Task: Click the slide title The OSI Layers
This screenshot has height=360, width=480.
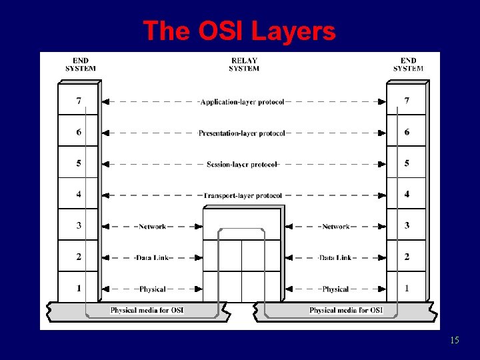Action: (x=239, y=31)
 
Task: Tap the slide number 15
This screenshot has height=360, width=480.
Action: (x=454, y=341)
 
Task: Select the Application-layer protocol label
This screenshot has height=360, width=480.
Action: (x=242, y=102)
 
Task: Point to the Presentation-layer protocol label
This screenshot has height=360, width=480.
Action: (x=241, y=133)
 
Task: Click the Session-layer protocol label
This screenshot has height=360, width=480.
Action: (x=241, y=164)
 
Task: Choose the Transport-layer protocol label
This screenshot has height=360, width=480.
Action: (x=242, y=195)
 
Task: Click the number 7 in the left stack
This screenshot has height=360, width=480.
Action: (x=79, y=101)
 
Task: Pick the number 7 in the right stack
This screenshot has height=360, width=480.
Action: (x=407, y=101)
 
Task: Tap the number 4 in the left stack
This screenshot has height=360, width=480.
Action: (x=79, y=195)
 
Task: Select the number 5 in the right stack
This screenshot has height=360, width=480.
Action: (x=407, y=163)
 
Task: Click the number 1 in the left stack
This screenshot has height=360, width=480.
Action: (x=79, y=288)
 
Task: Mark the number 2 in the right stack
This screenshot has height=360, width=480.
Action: (x=407, y=257)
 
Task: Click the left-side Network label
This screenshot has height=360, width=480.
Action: (x=152, y=227)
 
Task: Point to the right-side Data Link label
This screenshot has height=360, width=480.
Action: (x=335, y=258)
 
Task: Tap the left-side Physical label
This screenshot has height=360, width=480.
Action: (x=152, y=289)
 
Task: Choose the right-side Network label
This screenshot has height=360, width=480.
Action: (x=335, y=227)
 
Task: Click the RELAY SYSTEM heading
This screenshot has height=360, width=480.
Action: (x=244, y=65)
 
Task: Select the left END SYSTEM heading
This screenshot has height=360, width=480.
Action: (x=80, y=65)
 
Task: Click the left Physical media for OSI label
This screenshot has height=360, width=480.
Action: (x=147, y=311)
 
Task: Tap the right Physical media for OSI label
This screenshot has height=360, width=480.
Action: (x=346, y=311)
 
